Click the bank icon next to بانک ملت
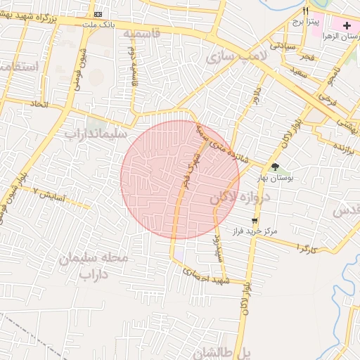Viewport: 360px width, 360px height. pos(97,14)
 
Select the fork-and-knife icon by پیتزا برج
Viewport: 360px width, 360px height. pos(305,12)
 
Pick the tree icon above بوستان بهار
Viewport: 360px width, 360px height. pos(275,167)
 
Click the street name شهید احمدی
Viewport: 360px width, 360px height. pos(202,276)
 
